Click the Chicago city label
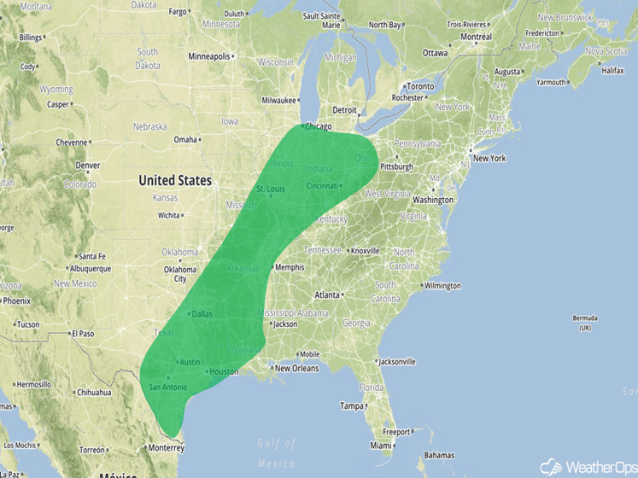coord(318,127)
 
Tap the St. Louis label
coord(270,189)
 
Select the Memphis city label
coord(289,267)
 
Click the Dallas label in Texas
coord(202,314)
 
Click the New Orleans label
coord(296,369)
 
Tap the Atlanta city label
coord(327,295)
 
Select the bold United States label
coord(175,180)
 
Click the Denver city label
coord(87,166)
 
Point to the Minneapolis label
coord(209,56)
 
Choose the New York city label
coord(489,158)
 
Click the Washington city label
coord(433,200)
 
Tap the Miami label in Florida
coord(381,446)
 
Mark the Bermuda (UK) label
coord(585,323)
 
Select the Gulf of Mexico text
coord(276,452)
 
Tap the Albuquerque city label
coord(90,269)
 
